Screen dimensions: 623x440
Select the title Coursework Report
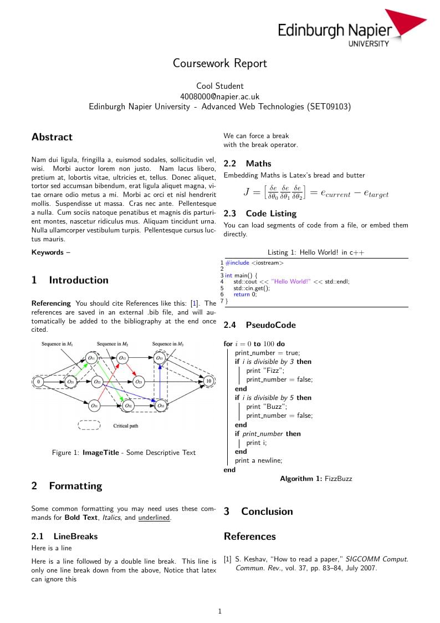click(x=219, y=63)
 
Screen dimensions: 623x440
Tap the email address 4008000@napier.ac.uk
click(x=219, y=96)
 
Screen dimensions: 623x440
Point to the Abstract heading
click(x=52, y=137)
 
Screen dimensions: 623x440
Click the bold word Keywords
click(x=48, y=252)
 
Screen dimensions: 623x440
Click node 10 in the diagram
click(x=208, y=382)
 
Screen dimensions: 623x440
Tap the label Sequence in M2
click(x=112, y=345)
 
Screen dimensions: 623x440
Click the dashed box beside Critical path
click(x=89, y=426)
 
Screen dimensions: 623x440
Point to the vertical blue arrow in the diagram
click(x=160, y=382)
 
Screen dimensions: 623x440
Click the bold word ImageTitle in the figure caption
click(x=101, y=453)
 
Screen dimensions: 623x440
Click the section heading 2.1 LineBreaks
click(x=64, y=536)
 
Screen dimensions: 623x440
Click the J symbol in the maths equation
click(x=247, y=192)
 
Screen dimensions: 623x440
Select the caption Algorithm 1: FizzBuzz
click(x=316, y=479)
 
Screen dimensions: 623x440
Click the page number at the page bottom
click(x=220, y=611)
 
